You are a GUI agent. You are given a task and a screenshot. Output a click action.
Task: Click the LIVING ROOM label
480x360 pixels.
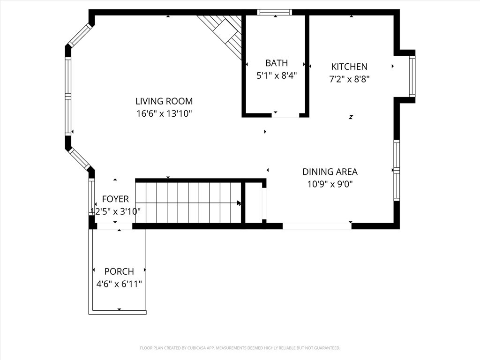point(164,101)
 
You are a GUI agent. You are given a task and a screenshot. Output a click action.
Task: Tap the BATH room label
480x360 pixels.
point(277,63)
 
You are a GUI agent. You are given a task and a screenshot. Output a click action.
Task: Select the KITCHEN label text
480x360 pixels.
point(349,67)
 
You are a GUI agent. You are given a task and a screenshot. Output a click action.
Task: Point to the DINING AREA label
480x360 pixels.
point(330,172)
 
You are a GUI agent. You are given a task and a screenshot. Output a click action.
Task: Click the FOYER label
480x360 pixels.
point(115,199)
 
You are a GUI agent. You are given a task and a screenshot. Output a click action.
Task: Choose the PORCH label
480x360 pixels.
point(119,271)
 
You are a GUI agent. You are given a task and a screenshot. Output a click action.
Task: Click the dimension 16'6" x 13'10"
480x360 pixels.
point(164,113)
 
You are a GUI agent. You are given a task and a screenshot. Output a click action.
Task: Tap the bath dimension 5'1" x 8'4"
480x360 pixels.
point(277,75)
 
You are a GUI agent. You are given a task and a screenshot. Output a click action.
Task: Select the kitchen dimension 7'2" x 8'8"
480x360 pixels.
point(349,79)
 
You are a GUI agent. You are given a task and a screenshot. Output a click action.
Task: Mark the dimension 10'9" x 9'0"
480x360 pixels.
point(330,184)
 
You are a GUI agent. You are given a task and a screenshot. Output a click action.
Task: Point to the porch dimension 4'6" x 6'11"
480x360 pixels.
point(119,284)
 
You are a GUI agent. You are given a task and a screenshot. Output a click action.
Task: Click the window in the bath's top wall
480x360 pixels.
point(274,12)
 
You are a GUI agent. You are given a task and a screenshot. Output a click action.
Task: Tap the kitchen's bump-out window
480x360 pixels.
point(412,76)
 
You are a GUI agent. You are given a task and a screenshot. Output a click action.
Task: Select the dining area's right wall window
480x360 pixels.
point(397,170)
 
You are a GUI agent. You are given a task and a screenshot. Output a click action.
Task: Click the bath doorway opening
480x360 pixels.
point(285,115)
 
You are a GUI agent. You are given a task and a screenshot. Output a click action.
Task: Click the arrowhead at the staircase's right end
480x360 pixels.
point(239,203)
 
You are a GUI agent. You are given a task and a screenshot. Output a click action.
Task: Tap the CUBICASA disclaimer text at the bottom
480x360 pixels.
point(240,348)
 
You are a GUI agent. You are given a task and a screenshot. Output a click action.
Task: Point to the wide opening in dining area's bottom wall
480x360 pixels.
point(317,226)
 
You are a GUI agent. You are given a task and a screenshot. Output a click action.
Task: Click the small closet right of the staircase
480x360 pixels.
point(254,203)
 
